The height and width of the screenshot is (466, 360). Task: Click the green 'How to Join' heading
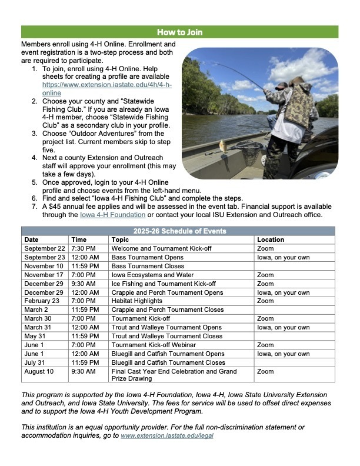[x=179, y=32]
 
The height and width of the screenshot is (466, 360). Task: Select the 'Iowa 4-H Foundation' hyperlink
[x=109, y=215]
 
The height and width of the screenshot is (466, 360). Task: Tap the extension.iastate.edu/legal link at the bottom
[x=166, y=435]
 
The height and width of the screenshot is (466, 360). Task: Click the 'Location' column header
[x=271, y=240]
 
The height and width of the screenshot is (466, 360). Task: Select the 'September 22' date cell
[x=45, y=249]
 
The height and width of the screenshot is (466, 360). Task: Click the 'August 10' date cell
[x=39, y=372]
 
